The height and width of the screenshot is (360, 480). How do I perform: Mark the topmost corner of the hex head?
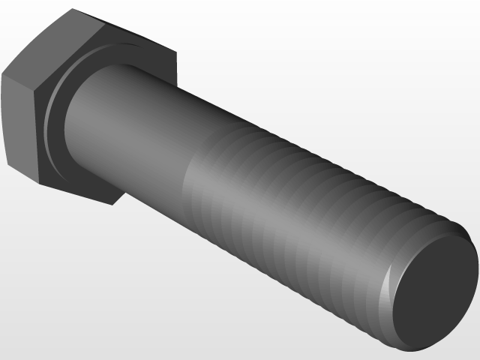[73, 9]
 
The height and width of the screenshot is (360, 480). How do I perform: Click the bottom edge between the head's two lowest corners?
[75, 193]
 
